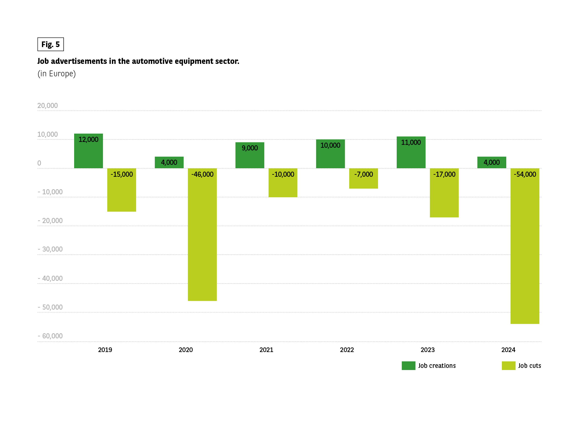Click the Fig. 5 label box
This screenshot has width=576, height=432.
coord(50,44)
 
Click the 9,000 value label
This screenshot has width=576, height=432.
coord(249,148)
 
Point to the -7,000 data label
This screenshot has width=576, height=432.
coord(364,174)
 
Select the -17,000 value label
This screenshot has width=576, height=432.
coord(444,174)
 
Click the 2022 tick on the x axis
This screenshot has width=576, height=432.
coord(347,350)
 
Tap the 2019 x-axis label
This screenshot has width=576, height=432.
coord(105,350)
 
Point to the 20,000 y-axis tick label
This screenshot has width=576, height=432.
coord(47,106)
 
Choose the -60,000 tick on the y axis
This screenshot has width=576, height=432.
coord(50,336)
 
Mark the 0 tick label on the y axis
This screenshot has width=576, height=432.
coord(39,163)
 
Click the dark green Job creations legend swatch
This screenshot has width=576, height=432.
coord(408,366)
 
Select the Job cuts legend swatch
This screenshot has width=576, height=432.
coord(508,366)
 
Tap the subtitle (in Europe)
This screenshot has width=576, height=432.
coord(57,74)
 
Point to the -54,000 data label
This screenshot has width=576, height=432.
coord(525,174)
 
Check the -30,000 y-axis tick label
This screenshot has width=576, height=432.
coord(50,249)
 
